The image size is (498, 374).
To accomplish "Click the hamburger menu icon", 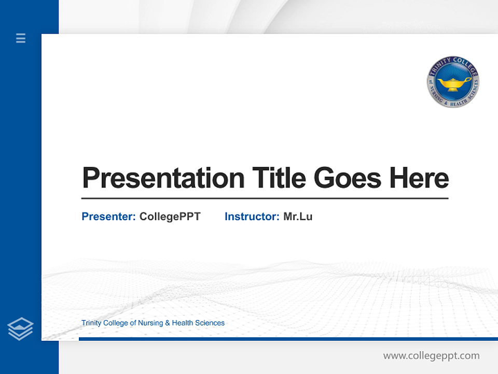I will (x=21, y=38).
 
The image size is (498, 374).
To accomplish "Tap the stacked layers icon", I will (x=20, y=329).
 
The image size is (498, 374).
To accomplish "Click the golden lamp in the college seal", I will (x=453, y=84).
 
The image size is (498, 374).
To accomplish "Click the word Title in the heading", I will (x=279, y=178).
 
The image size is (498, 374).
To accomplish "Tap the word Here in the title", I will (x=419, y=178).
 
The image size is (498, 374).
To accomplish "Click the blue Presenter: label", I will (x=108, y=217).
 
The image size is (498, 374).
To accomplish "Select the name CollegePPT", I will (x=170, y=217).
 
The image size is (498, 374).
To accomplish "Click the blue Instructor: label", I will (x=252, y=217).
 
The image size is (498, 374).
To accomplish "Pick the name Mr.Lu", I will (x=298, y=217).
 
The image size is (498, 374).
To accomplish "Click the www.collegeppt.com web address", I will (x=431, y=356).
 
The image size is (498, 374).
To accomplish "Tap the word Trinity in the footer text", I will (x=91, y=323).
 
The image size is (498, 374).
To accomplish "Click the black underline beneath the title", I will (x=265, y=198).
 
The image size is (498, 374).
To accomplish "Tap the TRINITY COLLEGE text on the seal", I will (x=453, y=63).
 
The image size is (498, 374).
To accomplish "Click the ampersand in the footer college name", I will (x=167, y=323).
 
